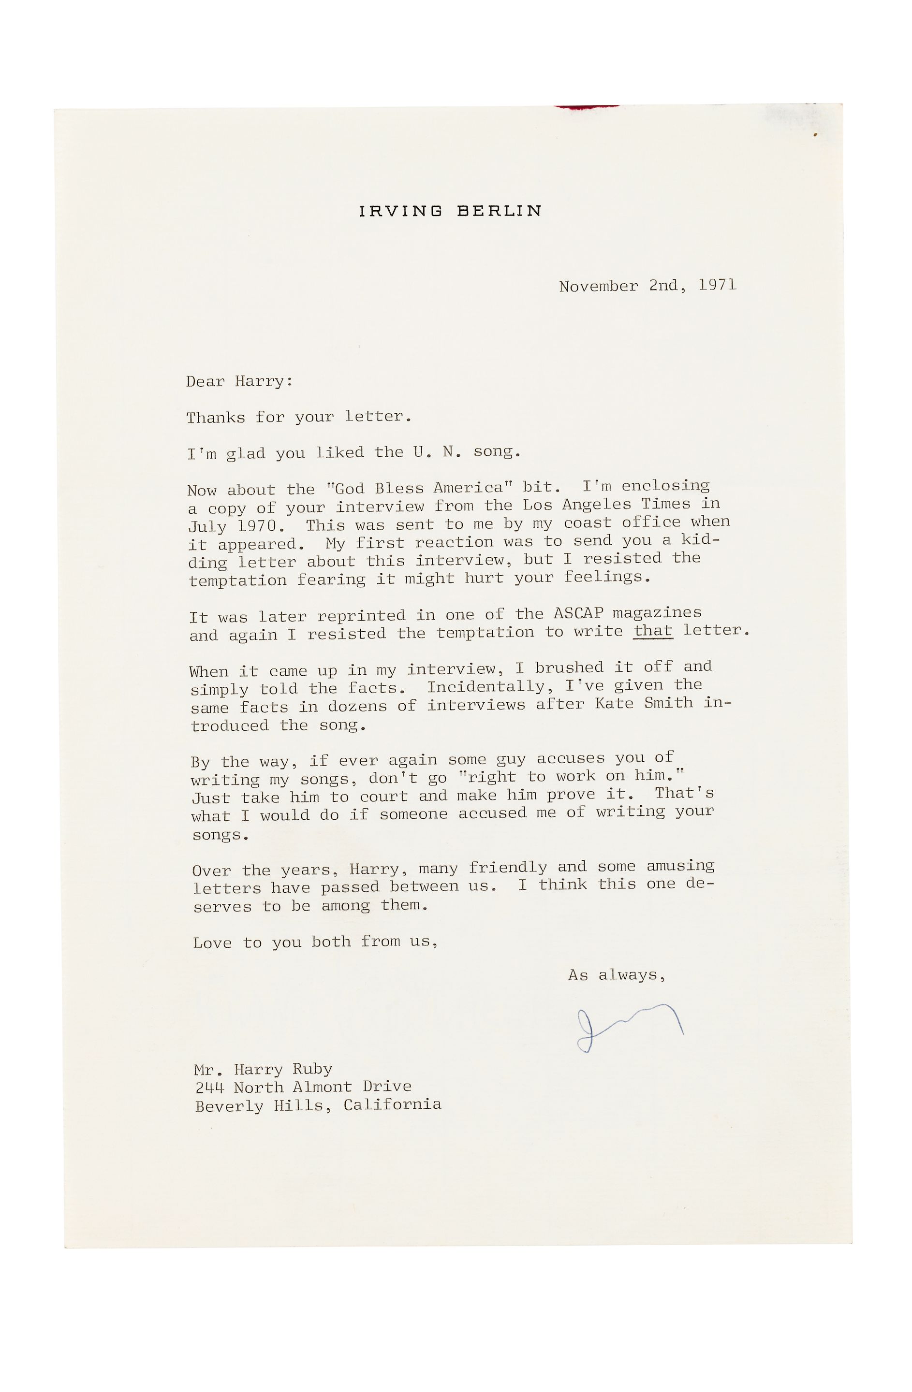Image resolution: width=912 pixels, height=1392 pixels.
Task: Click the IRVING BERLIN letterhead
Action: coord(450,211)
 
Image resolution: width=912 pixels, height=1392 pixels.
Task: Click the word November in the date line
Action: coord(598,286)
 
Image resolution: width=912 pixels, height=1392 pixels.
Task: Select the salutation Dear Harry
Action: coord(239,381)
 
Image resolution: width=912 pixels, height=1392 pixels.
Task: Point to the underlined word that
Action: coord(653,630)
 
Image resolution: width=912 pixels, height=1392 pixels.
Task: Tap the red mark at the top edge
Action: coord(586,107)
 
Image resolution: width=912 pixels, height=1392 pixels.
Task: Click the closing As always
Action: coord(617,975)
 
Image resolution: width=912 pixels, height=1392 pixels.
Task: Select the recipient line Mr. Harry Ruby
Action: coord(263,1069)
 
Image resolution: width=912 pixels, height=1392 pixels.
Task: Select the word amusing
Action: coord(680,866)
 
